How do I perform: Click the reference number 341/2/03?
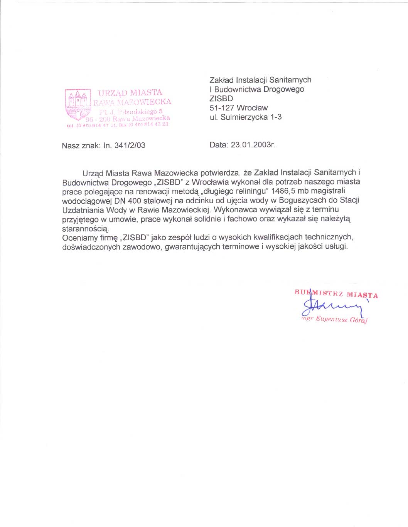tap(130, 146)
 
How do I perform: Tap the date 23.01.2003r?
tap(253, 145)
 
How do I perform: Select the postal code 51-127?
tap(222, 108)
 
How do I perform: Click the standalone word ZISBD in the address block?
tap(221, 99)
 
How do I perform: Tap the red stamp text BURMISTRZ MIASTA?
tap(336, 294)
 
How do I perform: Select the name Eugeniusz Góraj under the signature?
tap(341, 319)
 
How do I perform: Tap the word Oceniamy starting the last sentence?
tap(80, 238)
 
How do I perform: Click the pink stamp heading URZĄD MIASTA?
tap(130, 93)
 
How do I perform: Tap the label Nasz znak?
tap(81, 146)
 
